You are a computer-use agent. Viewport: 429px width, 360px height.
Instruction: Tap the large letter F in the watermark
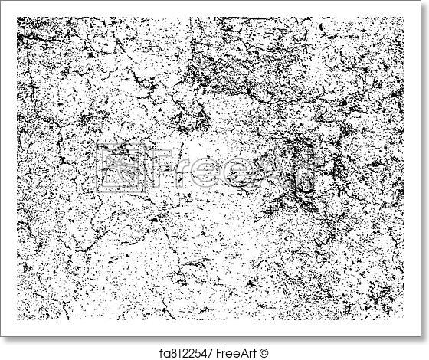[x=156, y=168]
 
